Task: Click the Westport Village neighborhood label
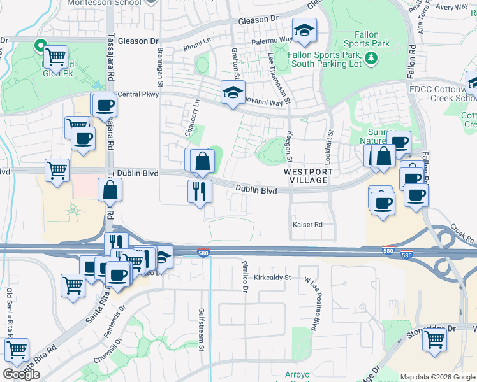coord(305,176)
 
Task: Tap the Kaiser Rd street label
coord(307,225)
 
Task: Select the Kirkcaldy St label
coord(272,278)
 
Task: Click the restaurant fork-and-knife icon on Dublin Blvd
coord(200,190)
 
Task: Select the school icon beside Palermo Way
coord(304,30)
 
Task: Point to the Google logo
coord(21,374)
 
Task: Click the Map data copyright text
coord(437,377)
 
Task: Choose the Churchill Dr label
coord(108,349)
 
